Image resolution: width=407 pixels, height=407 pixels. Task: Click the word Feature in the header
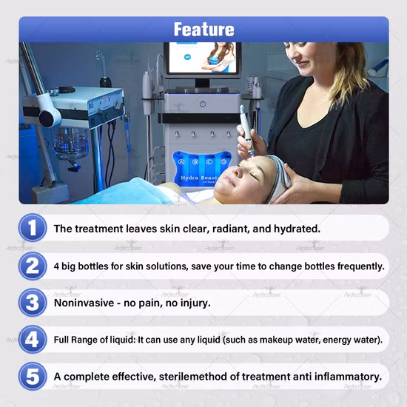[203, 29]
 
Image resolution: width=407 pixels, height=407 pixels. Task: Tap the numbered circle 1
[33, 228]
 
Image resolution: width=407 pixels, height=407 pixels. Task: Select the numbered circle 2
[33, 266]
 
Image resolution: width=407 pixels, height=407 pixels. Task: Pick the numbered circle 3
[33, 303]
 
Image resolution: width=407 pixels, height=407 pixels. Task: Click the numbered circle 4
[33, 339]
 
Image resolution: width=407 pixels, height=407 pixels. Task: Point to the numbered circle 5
[33, 376]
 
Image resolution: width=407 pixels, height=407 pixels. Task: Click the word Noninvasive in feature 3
[84, 303]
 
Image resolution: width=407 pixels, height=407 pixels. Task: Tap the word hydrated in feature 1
[297, 229]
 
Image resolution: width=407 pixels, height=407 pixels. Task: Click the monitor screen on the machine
[203, 58]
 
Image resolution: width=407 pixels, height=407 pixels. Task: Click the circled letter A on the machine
[181, 162]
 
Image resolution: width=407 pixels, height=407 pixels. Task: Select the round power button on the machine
[203, 104]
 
